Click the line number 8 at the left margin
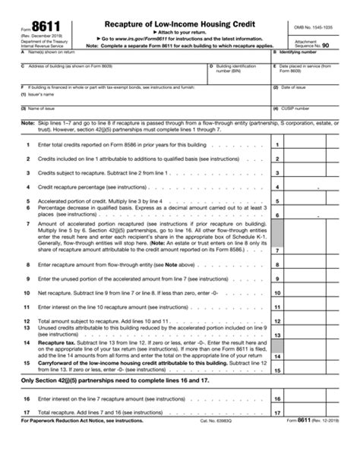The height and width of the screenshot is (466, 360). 27,265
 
